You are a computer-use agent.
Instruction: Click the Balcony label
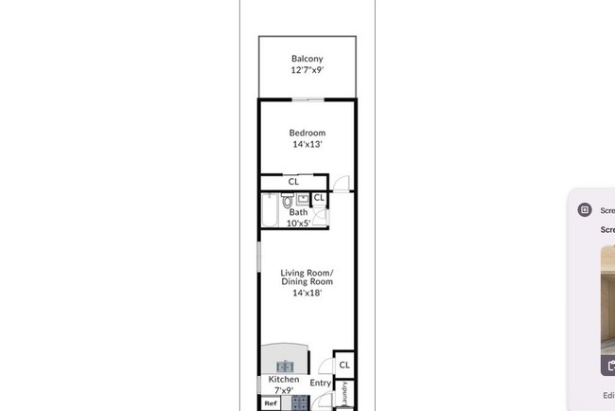307,59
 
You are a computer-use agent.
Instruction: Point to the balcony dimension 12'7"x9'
307,70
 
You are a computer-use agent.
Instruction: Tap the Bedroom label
307,133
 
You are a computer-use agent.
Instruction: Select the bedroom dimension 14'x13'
307,145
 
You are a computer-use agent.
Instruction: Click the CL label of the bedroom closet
293,181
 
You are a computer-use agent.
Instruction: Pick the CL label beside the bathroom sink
319,198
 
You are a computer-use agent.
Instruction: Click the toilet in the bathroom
287,201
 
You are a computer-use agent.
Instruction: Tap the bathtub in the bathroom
268,211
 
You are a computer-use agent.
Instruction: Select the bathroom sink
302,199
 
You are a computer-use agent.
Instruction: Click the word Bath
298,212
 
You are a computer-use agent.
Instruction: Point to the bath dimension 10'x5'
298,223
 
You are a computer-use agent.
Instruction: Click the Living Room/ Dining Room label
307,277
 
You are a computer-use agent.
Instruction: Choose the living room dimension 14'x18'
307,294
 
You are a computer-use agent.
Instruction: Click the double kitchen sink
286,366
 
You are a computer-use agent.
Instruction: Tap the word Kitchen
284,379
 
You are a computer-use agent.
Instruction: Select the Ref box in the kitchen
271,403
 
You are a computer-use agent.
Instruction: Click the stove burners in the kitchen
299,402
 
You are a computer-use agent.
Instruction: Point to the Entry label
321,384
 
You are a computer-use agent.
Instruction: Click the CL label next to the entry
344,365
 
